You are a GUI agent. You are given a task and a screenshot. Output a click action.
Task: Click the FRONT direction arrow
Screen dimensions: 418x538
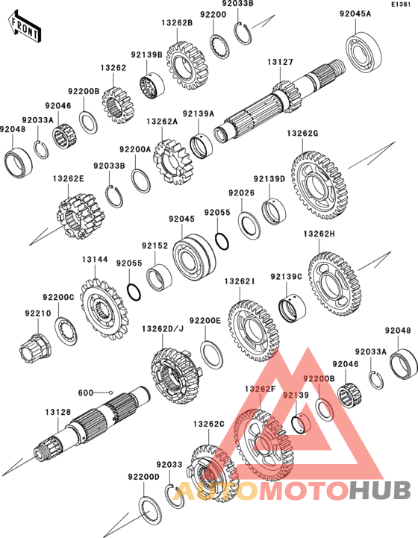pyautogui.click(x=25, y=26)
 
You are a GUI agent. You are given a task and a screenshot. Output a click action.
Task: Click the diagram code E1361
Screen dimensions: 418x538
pyautogui.click(x=402, y=4)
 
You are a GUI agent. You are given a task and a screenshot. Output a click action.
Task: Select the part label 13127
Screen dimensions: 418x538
pyautogui.click(x=280, y=62)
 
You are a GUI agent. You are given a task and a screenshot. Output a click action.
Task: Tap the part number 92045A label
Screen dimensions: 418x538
pyautogui.click(x=355, y=13)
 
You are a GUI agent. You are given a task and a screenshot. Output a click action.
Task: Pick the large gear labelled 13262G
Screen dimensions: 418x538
pyautogui.click(x=319, y=186)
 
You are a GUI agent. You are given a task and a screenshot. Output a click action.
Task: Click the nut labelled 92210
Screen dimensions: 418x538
pyautogui.click(x=35, y=349)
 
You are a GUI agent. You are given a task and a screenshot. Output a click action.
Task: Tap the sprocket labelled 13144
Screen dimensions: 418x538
pyautogui.click(x=104, y=308)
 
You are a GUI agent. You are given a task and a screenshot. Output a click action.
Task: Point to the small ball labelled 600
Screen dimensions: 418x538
pyautogui.click(x=110, y=392)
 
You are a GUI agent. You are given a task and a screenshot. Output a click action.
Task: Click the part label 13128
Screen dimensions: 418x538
pyautogui.click(x=58, y=412)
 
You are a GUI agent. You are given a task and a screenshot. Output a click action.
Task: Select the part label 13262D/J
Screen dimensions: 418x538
pyautogui.click(x=163, y=329)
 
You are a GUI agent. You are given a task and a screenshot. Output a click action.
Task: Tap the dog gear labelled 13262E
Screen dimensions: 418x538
pyautogui.click(x=81, y=216)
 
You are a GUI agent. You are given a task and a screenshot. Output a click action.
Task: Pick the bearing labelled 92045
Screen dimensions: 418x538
pyautogui.click(x=194, y=257)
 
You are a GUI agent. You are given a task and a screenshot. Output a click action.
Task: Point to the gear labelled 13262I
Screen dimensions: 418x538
pyautogui.click(x=253, y=331)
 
